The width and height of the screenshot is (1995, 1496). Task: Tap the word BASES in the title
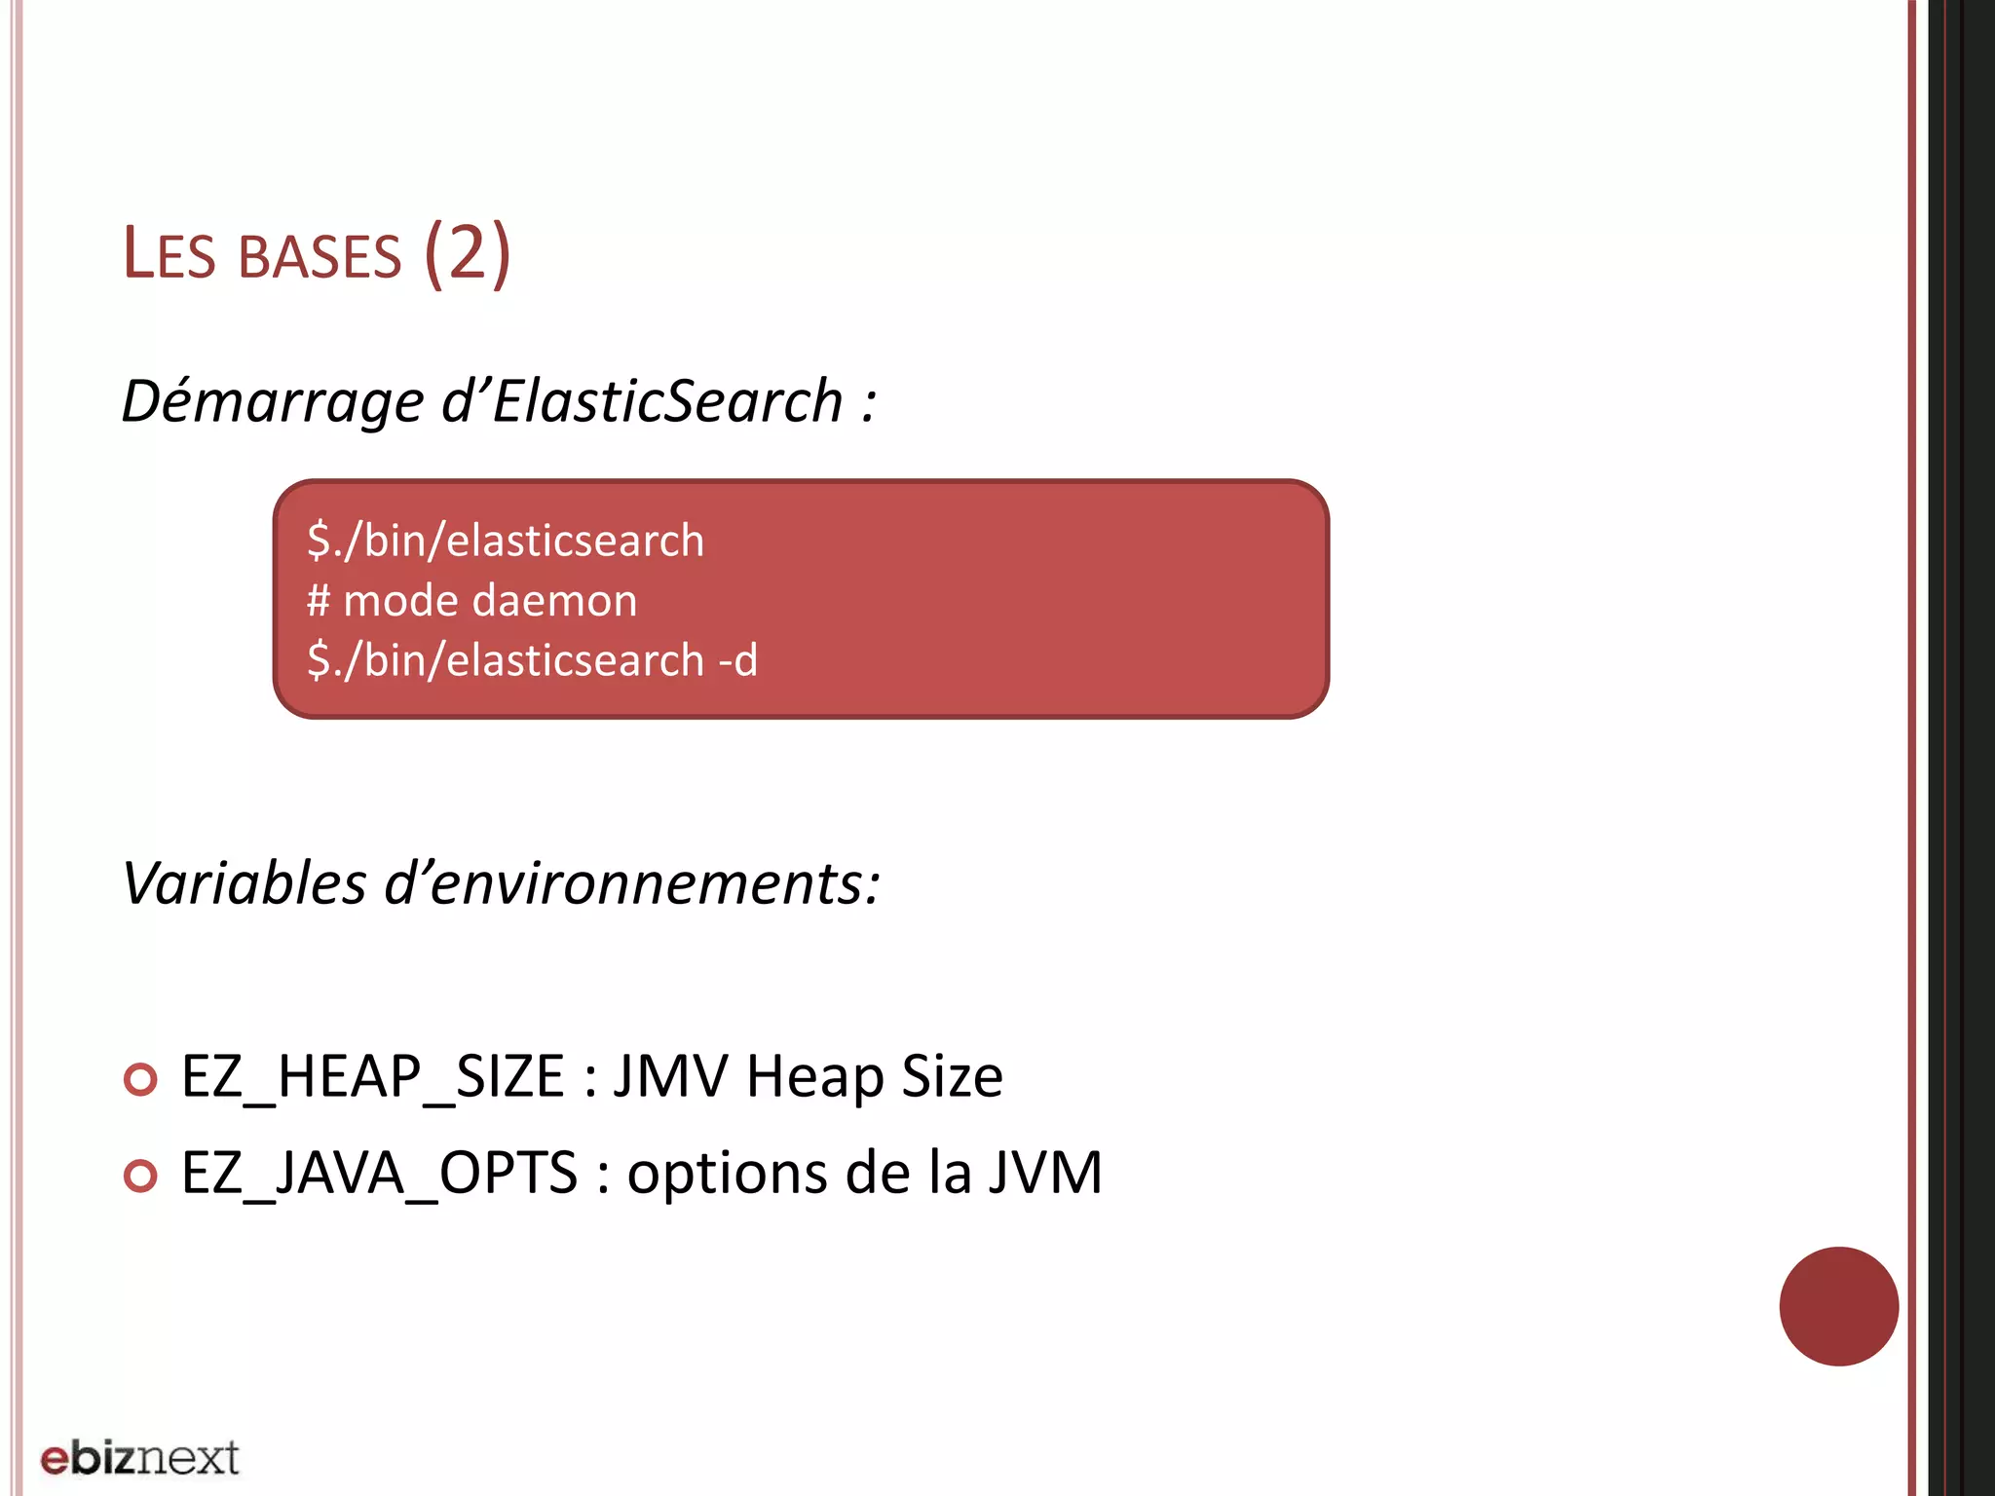coord(320,257)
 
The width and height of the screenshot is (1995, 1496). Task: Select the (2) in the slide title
coord(468,253)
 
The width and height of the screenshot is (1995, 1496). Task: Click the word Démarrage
coord(273,401)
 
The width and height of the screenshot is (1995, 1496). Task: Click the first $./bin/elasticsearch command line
coord(506,541)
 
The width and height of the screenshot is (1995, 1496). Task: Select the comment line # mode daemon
coord(472,600)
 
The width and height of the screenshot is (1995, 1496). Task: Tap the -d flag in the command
coord(737,660)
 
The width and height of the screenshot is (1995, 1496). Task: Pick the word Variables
coord(245,883)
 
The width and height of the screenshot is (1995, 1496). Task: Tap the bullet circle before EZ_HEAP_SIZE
coord(141,1079)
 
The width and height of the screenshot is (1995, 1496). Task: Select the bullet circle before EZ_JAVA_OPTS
coord(141,1176)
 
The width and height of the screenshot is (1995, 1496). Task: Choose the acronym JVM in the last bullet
coord(1045,1173)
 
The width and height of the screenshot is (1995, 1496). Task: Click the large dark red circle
coord(1838,1306)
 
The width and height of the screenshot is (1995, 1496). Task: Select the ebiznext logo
coord(139,1458)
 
